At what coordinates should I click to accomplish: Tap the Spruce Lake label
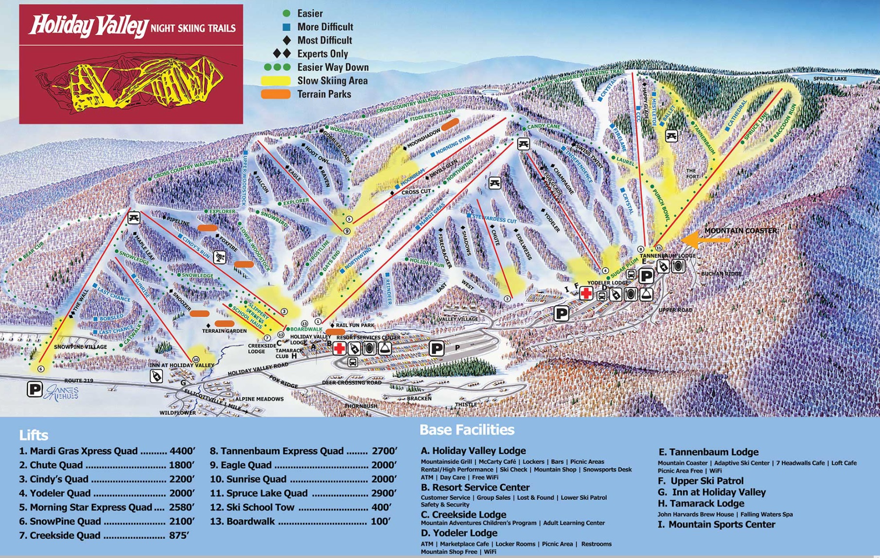(830, 79)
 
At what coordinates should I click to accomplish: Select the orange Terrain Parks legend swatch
(276, 94)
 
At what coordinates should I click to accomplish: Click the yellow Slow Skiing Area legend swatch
(276, 81)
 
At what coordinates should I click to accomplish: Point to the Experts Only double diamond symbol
(282, 53)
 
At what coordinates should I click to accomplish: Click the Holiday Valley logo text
(88, 26)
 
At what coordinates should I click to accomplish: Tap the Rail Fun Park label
(355, 325)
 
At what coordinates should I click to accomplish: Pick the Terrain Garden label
(224, 331)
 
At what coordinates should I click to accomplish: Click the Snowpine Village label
(80, 347)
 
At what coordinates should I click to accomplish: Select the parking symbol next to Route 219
(35, 389)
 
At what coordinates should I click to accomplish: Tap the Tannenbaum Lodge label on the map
(667, 256)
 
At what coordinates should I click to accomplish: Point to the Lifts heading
(34, 435)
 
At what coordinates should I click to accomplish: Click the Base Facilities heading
(467, 430)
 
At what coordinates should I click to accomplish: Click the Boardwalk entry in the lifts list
(250, 522)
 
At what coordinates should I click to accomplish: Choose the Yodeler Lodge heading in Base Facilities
(458, 533)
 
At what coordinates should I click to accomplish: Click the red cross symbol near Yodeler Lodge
(586, 293)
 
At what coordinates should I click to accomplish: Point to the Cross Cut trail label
(416, 192)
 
